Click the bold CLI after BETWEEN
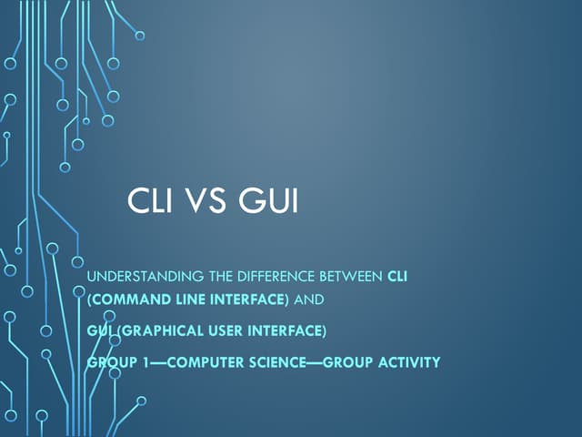point(397,277)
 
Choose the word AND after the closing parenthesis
point(311,300)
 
